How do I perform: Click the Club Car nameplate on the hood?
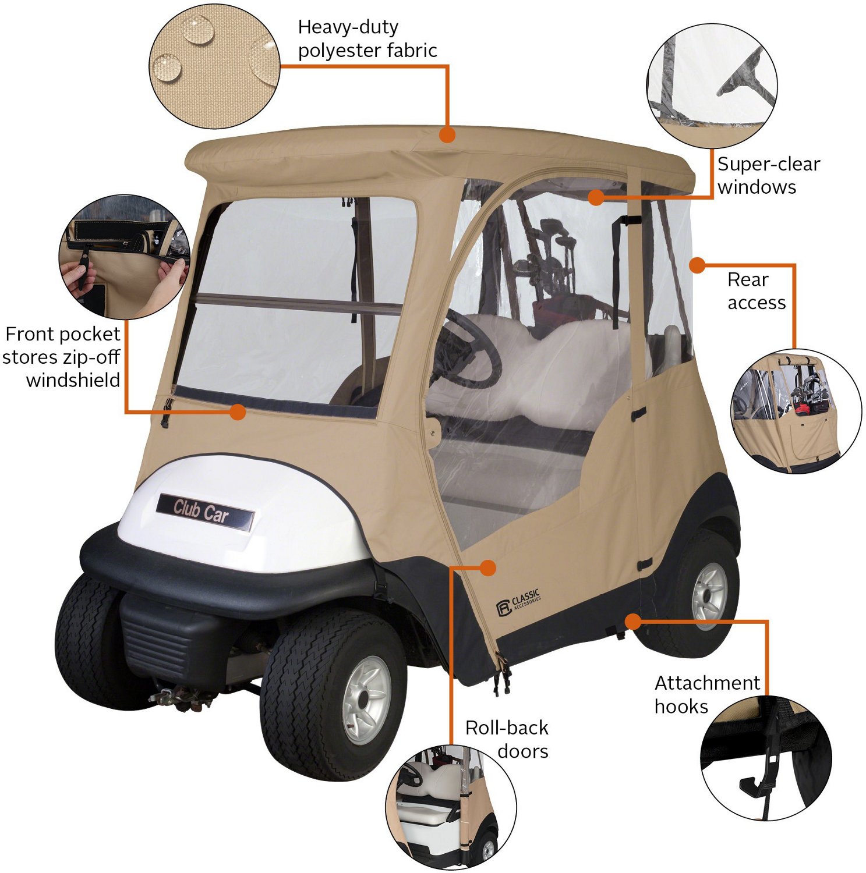205,512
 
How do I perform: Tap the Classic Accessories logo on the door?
518,602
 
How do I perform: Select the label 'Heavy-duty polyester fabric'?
367,38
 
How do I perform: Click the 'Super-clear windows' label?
768,175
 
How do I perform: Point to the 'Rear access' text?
756,291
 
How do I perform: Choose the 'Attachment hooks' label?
707,694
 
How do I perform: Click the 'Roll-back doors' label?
507,739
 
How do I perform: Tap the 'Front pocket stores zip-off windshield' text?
62,357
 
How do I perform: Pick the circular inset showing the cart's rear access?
796,411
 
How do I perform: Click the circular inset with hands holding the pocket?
125,257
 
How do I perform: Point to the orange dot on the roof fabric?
447,135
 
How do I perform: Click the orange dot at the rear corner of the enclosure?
697,265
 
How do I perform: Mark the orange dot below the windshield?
237,412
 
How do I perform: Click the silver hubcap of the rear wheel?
709,592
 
